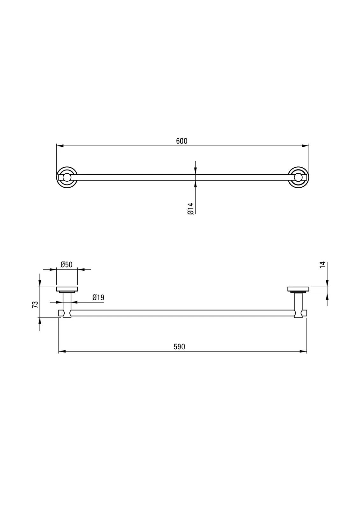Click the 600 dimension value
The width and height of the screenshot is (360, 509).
point(182,141)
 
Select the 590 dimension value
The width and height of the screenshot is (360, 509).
point(180,346)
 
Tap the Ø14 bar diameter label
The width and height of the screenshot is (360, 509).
point(190,209)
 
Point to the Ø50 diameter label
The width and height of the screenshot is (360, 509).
point(67,264)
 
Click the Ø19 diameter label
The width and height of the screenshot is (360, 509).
point(98,297)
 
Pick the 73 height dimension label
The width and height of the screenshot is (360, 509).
point(35,304)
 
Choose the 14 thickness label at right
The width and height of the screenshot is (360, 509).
point(323,265)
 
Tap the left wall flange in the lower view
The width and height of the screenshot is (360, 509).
point(67,289)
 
